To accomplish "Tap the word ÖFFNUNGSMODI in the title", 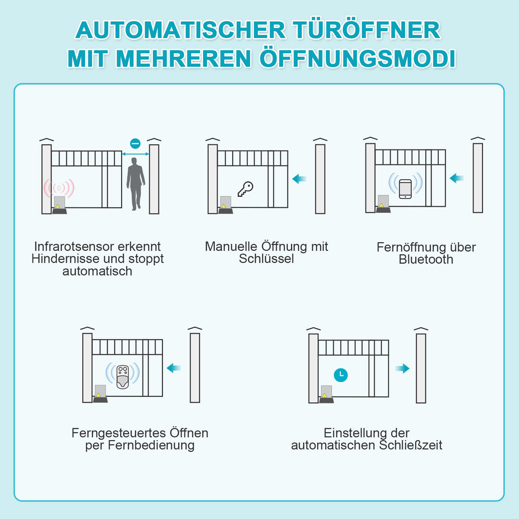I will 358,58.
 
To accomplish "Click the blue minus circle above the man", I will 136,143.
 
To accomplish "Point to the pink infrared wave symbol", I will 59,187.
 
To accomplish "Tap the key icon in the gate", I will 245,189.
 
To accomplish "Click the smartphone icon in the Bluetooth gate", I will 405,189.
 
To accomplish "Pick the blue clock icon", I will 341,375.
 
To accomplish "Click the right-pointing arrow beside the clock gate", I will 402,369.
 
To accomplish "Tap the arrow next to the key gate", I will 299,179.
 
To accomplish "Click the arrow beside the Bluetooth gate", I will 457,178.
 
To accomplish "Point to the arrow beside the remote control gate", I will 173,368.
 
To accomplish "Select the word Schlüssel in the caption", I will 266,259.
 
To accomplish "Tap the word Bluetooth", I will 426,259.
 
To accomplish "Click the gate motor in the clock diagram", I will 326,394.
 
